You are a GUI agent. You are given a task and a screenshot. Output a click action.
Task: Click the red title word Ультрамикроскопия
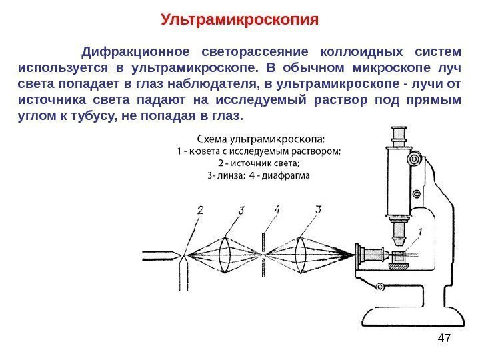[x=240, y=19]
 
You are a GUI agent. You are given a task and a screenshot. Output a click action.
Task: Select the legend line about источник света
[x=259, y=163]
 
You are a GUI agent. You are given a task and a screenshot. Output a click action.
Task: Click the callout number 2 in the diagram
[x=200, y=211]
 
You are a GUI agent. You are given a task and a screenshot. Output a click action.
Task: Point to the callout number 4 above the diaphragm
[x=277, y=211]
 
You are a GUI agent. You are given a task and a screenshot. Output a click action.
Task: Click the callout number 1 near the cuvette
[x=420, y=231]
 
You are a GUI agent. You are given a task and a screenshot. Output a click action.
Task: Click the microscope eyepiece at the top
[x=399, y=136]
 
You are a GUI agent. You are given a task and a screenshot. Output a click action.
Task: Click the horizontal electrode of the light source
[x=160, y=254]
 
